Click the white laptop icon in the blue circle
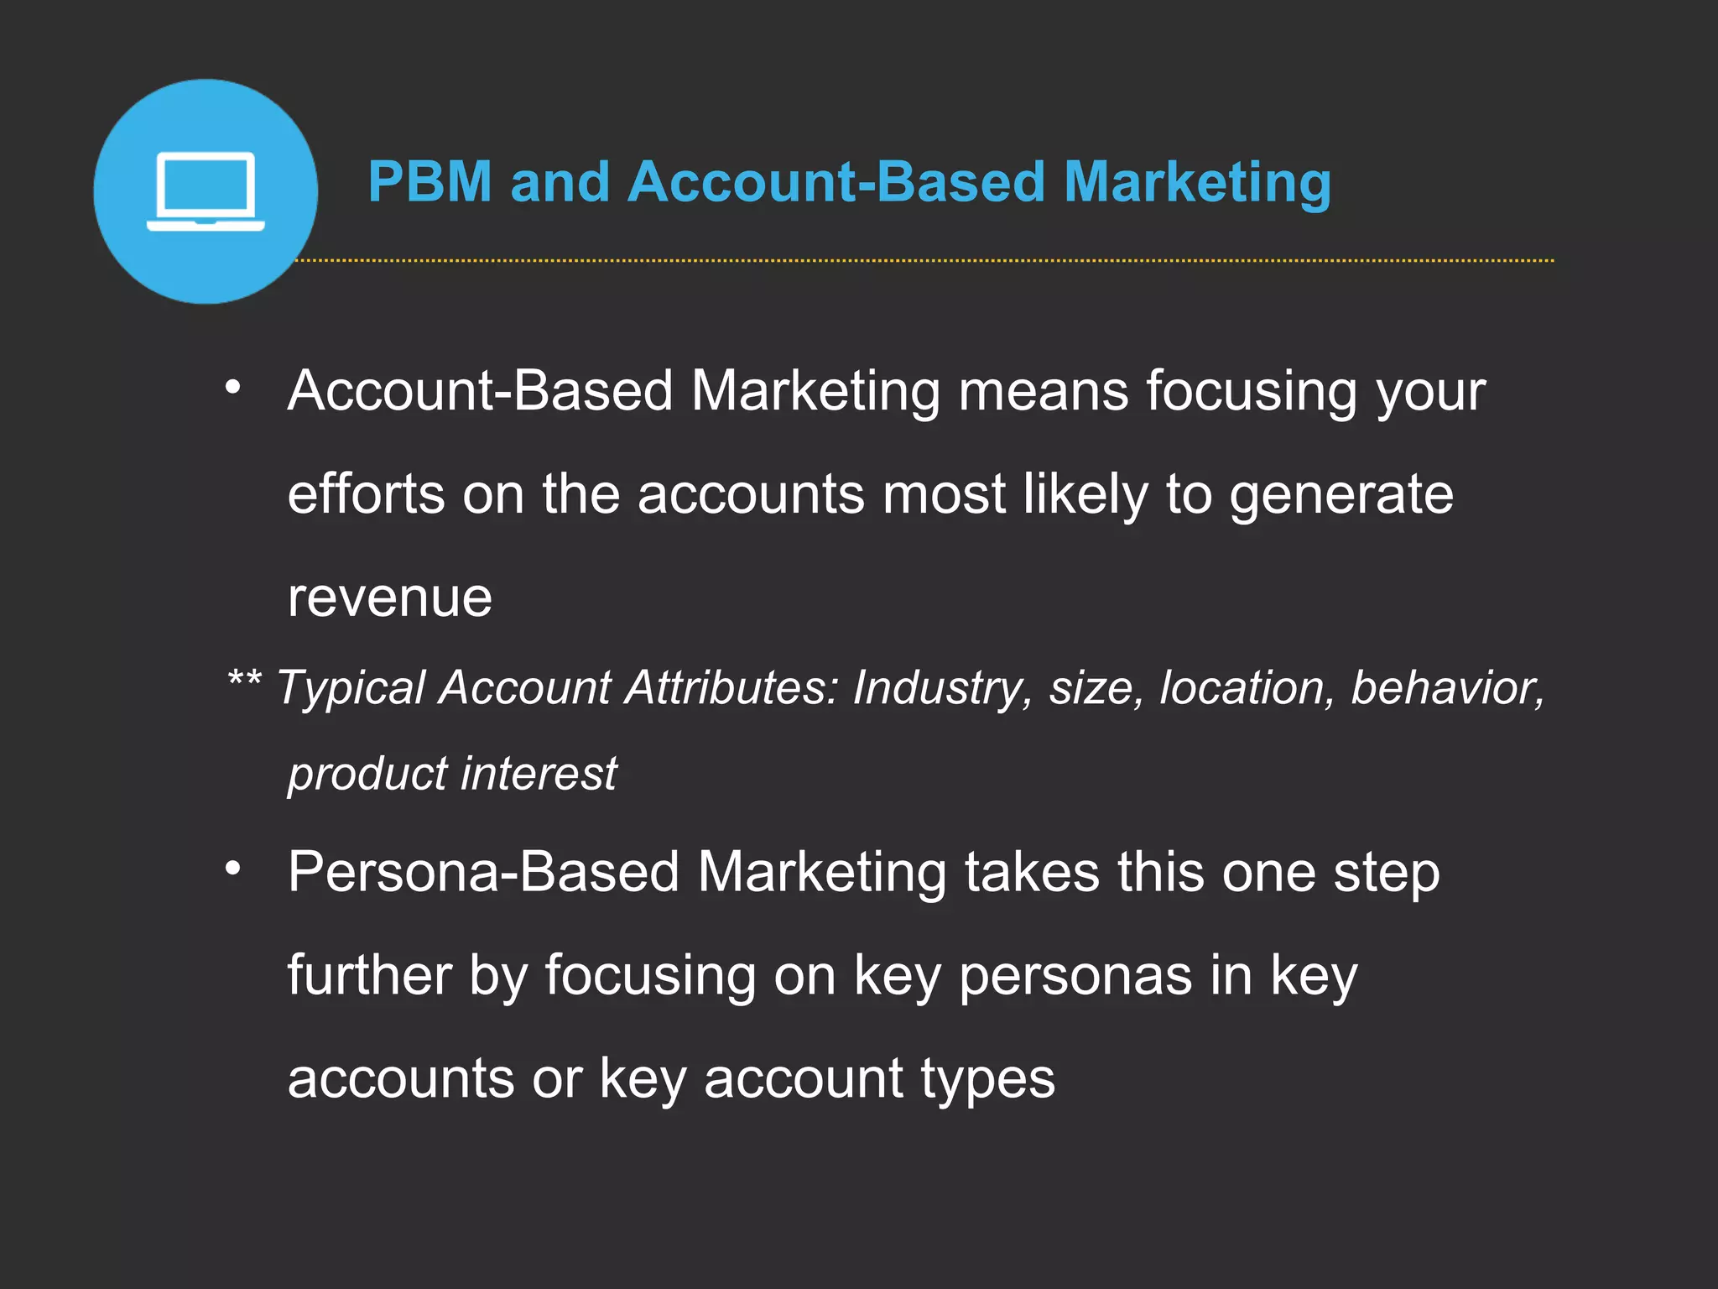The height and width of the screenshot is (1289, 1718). (x=206, y=191)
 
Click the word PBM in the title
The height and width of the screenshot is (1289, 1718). (x=429, y=182)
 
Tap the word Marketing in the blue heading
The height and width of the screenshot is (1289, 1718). (x=1197, y=182)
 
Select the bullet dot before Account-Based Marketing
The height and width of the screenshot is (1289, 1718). (x=233, y=387)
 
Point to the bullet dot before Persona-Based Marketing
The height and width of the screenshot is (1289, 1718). (x=233, y=868)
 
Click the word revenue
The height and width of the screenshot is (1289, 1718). (x=389, y=598)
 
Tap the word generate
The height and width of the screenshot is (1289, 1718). (x=1341, y=495)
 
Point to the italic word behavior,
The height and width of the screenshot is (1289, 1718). (x=1448, y=688)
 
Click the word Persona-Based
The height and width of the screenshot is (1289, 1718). (x=483, y=872)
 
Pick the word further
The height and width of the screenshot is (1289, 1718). (x=369, y=975)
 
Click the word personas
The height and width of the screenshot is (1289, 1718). (x=1075, y=977)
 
